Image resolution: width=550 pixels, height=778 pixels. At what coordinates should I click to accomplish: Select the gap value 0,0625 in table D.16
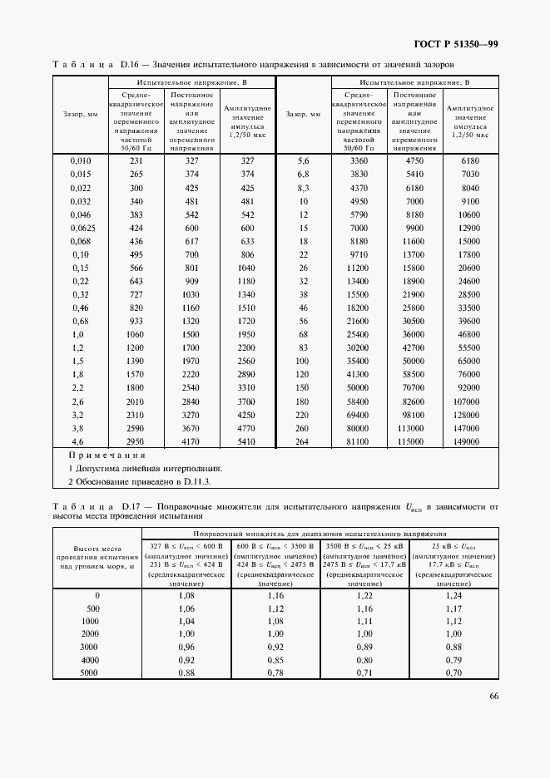81,228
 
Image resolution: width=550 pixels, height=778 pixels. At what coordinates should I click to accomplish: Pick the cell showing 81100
359,441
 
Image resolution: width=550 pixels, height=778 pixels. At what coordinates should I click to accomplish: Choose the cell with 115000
414,441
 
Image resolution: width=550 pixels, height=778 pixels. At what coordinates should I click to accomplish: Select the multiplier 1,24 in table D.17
453,596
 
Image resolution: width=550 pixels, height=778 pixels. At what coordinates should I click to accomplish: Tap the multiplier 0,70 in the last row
453,672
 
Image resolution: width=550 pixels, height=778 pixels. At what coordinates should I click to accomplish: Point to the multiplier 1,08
186,596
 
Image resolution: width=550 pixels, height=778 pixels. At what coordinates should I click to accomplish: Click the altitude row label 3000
90,647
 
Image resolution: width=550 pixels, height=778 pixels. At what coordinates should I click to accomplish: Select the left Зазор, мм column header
81,114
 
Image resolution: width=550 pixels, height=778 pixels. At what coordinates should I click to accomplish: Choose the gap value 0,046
81,214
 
